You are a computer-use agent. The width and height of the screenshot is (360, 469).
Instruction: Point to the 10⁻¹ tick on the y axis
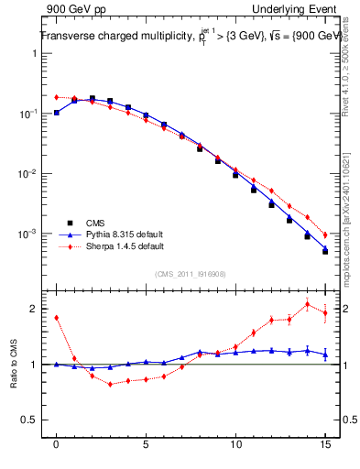[31, 114]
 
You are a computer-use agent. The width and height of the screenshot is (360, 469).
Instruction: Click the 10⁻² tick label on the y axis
[31, 174]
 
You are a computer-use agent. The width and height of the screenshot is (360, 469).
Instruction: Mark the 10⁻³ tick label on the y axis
[31, 234]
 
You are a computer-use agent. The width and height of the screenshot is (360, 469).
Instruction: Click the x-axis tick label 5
[147, 448]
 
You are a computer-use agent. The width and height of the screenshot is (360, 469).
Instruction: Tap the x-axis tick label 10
[235, 448]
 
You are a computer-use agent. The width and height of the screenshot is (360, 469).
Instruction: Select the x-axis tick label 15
[325, 448]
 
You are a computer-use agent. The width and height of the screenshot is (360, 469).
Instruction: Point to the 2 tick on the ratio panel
[33, 309]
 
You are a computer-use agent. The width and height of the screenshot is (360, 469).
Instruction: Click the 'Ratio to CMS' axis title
[13, 365]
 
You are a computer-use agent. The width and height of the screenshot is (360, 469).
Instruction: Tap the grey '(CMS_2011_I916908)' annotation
[191, 273]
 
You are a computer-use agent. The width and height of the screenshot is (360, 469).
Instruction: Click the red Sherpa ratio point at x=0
[57, 318]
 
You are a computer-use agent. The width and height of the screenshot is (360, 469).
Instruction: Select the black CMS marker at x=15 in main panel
[325, 252]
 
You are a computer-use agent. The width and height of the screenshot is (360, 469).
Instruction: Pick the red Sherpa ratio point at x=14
[307, 304]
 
